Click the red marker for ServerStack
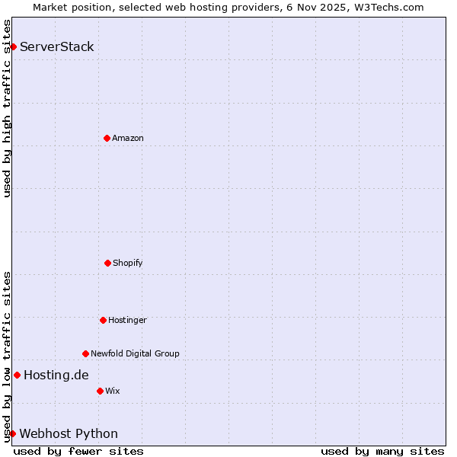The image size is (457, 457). (x=13, y=47)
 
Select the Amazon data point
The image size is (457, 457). (x=107, y=138)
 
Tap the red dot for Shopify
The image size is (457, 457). (x=107, y=263)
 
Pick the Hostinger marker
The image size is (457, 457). (x=103, y=320)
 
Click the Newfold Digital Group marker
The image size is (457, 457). (x=85, y=353)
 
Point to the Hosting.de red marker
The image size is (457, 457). (x=17, y=375)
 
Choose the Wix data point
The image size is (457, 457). (x=100, y=391)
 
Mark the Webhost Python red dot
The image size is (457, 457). (x=12, y=433)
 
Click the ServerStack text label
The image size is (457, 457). (x=57, y=47)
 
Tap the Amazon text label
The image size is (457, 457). (x=128, y=138)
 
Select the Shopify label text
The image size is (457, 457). (x=128, y=263)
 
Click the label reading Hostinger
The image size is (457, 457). (x=127, y=320)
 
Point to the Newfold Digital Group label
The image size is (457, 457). (x=135, y=353)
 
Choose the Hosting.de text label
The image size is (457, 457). (x=56, y=375)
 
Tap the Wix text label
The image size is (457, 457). (x=113, y=391)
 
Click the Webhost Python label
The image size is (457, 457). (x=69, y=433)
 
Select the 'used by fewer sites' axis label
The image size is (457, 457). (x=78, y=451)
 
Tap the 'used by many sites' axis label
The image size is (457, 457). (x=382, y=451)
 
